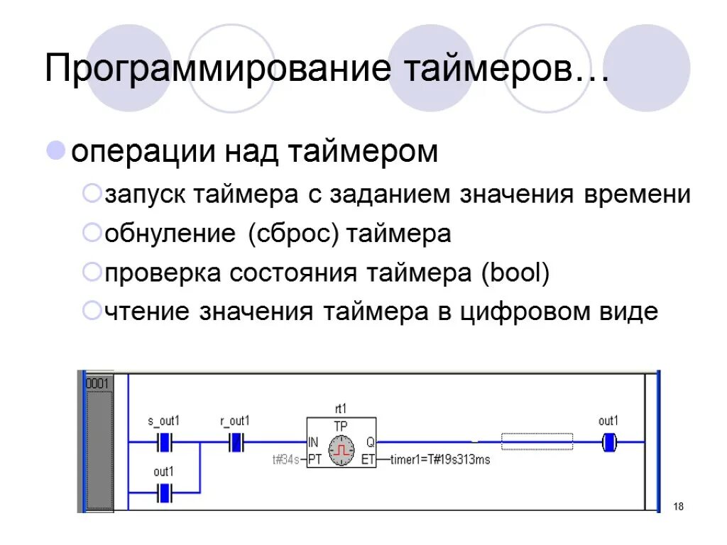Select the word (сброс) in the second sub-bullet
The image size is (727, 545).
[294, 233]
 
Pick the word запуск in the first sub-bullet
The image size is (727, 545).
[146, 194]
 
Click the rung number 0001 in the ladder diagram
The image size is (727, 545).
[97, 383]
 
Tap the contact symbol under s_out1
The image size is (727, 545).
[165, 443]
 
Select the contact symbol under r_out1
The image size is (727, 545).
[235, 443]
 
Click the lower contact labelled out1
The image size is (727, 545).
[165, 490]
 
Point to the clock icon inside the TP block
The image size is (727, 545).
[341, 451]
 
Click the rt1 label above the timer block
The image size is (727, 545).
[341, 409]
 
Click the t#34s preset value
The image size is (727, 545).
[285, 459]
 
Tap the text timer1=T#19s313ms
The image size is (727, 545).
[440, 460]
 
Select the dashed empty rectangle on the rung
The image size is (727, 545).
[537, 441]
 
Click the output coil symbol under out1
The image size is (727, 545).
[608, 443]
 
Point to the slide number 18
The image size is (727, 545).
[678, 506]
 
